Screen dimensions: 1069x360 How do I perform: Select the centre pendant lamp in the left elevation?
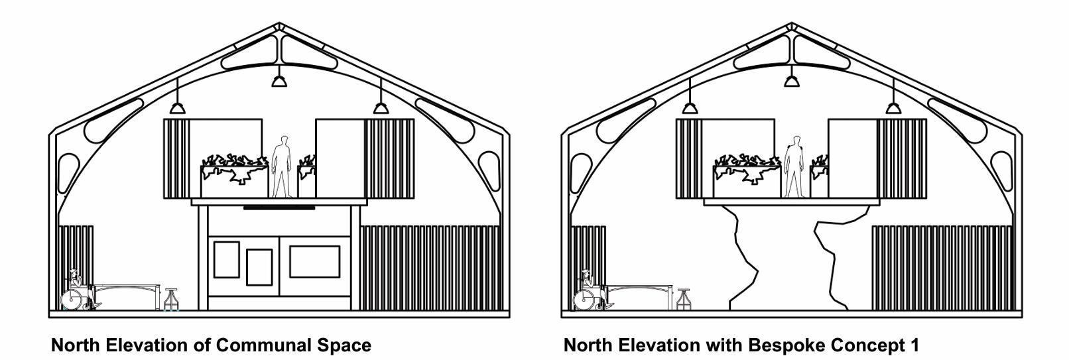click(279, 81)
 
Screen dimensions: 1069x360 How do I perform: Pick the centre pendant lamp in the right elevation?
click(792, 81)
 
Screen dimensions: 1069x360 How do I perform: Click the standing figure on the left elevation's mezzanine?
click(282, 166)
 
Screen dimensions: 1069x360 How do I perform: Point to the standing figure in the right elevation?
click(794, 166)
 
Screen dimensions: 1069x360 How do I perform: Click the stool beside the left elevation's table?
click(171, 299)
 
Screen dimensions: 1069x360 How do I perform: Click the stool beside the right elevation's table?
click(683, 299)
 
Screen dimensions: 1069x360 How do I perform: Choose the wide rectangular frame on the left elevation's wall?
click(314, 261)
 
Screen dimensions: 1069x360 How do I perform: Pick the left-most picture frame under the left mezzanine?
click(226, 259)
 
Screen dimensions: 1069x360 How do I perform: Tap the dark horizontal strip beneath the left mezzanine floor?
click(279, 208)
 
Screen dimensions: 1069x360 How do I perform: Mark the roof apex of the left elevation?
click(279, 27)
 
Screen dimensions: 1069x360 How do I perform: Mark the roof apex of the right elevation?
click(792, 27)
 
